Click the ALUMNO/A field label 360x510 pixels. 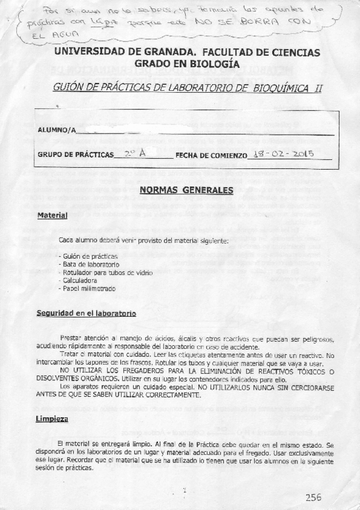[x=56, y=129]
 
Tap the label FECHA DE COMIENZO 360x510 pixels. [x=211, y=155]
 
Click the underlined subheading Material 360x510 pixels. [x=52, y=215]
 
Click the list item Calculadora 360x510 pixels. [x=79, y=280]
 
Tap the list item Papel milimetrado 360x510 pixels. [x=87, y=288]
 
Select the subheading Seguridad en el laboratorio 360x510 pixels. [x=86, y=314]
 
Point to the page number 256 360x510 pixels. [x=313, y=497]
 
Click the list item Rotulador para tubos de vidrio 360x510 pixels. [x=106, y=272]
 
